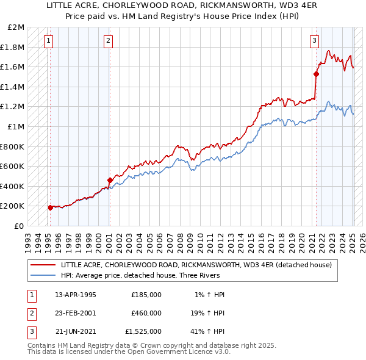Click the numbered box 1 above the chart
[x=48, y=41]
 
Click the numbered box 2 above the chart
[x=107, y=41]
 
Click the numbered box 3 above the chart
[x=314, y=41]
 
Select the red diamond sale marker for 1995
[x=50, y=207]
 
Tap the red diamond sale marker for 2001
[x=110, y=180]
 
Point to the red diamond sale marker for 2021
[x=316, y=74]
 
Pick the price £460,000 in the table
[x=146, y=313]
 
